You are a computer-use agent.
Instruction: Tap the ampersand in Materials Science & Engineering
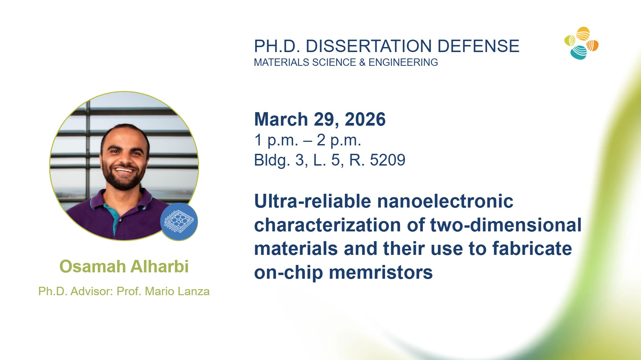362,62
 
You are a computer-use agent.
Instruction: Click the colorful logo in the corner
582,43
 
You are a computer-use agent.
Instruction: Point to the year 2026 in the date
365,119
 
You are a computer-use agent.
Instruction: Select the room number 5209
388,160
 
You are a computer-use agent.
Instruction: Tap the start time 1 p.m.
276,140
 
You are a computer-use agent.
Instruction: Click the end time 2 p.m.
339,140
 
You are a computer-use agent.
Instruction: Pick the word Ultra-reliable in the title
313,201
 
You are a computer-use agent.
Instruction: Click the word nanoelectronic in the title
445,201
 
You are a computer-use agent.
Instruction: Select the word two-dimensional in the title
506,225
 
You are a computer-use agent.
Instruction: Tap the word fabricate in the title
532,249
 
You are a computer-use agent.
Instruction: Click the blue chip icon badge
179,222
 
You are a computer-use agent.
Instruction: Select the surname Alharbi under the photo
159,266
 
